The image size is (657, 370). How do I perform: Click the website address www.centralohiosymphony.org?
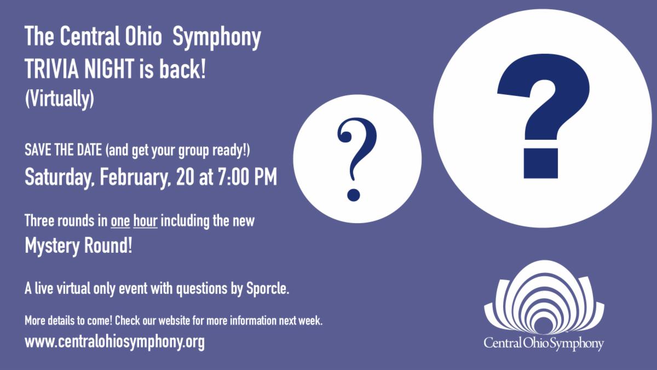click(114, 341)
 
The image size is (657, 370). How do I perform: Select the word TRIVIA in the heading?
click(50, 70)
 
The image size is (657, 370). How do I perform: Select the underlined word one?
click(120, 221)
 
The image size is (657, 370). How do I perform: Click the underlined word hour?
click(145, 221)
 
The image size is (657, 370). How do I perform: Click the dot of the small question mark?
click(354, 195)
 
